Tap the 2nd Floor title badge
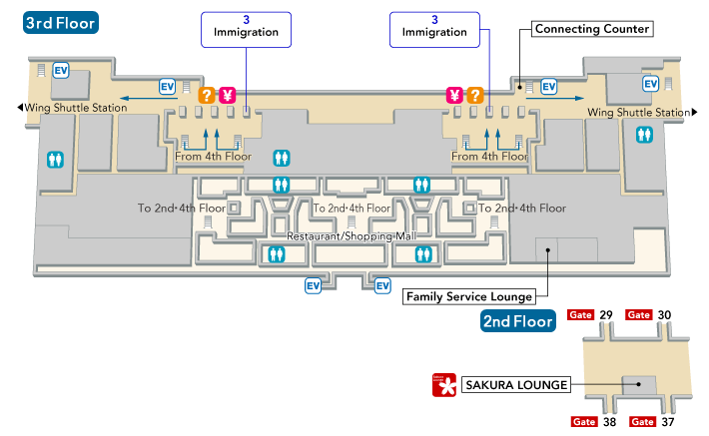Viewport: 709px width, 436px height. point(517,321)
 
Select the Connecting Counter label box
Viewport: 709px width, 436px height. point(592,29)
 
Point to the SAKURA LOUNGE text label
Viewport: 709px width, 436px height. point(516,384)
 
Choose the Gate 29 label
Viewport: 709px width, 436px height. point(590,315)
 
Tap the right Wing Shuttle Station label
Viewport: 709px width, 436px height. point(638,113)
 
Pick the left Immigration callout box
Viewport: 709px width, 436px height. point(246,26)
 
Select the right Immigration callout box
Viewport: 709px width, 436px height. point(434,26)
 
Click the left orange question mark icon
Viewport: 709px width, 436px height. point(208,96)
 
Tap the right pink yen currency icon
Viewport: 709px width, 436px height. point(454,96)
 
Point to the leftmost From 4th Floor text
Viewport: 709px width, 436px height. point(213,157)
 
